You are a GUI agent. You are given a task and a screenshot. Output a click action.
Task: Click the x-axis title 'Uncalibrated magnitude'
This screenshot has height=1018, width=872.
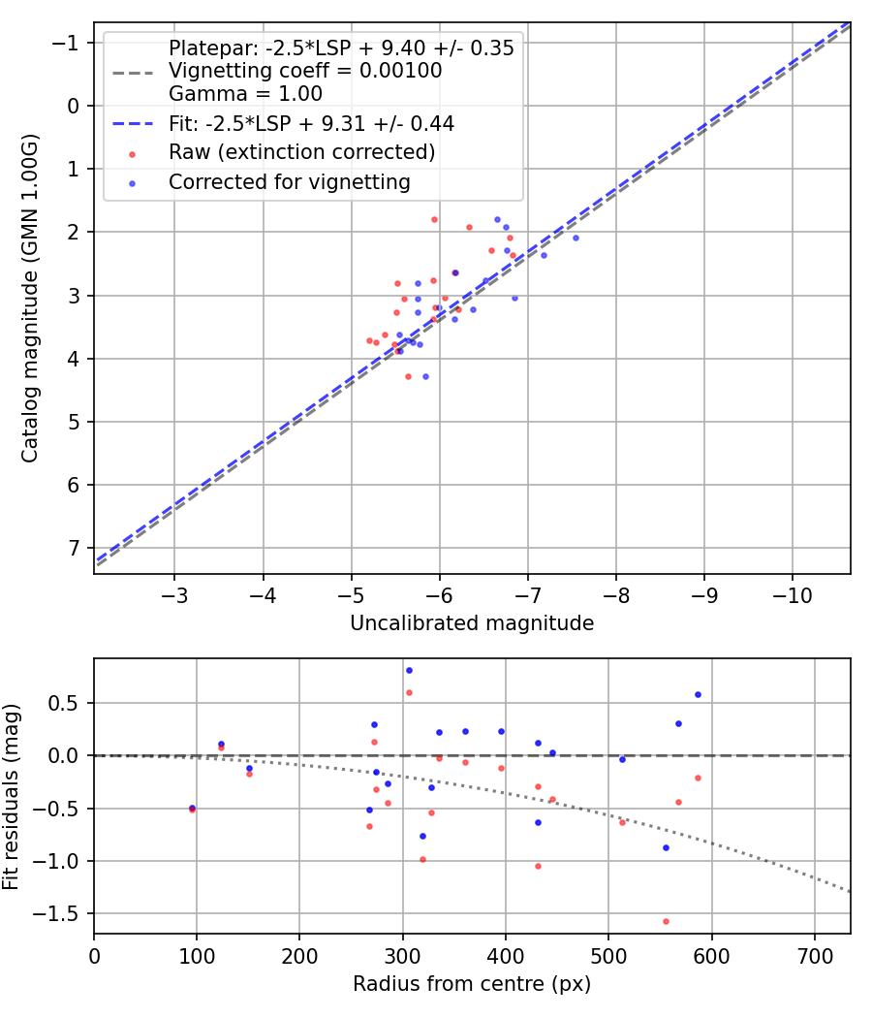(472, 623)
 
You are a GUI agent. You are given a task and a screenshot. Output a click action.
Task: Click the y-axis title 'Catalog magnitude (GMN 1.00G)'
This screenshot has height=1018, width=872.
(29, 298)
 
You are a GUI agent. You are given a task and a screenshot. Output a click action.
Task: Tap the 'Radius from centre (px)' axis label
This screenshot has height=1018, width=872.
(472, 984)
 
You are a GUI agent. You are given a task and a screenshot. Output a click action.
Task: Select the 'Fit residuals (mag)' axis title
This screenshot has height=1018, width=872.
(11, 797)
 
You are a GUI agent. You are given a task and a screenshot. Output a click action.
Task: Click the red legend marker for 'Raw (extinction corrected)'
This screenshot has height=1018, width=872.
(133, 154)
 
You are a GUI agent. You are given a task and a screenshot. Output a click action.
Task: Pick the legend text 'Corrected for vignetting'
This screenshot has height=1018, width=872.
(290, 182)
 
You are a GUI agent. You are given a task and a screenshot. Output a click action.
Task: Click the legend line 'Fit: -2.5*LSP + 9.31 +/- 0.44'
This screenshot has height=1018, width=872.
(133, 123)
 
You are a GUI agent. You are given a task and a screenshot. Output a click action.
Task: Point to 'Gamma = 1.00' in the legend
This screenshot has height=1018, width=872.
(245, 93)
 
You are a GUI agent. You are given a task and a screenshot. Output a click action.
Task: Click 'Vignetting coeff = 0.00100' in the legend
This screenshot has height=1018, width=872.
(305, 70)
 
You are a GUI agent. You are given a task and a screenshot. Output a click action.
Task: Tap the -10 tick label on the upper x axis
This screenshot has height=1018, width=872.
(792, 595)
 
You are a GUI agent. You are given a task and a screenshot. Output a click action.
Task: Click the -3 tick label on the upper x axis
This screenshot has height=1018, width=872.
(173, 595)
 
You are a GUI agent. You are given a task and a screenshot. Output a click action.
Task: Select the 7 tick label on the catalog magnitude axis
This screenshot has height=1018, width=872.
(74, 549)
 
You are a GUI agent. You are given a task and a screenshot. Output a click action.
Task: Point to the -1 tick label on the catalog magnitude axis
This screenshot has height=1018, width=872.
(65, 43)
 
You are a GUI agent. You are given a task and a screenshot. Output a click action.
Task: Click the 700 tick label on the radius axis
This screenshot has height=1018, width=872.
(815, 956)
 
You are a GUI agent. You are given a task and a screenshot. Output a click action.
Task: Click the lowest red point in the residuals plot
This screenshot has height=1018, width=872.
(666, 921)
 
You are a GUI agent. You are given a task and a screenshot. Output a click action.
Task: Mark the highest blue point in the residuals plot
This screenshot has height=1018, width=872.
(409, 671)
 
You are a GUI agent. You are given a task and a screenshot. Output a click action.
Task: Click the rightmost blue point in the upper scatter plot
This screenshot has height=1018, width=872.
(576, 239)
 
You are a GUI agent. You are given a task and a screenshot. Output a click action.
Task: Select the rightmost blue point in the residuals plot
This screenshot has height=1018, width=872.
(699, 695)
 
